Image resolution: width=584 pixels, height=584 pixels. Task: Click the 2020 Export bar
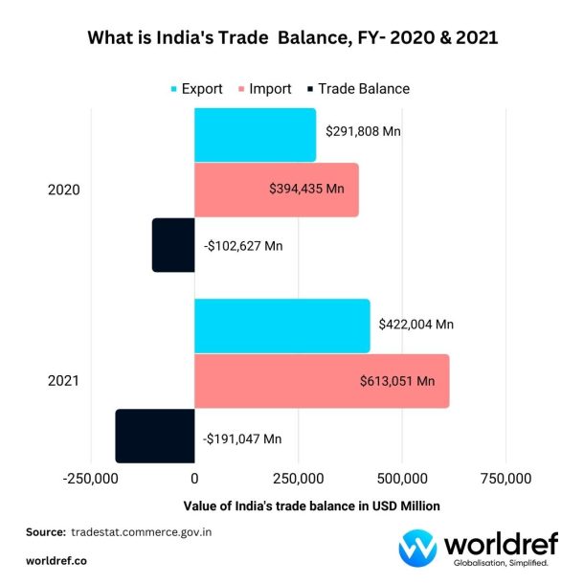click(255, 135)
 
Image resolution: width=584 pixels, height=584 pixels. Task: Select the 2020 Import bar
click(276, 190)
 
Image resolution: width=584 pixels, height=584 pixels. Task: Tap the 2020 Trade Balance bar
click(173, 245)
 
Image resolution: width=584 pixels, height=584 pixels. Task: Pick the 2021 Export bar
click(281, 326)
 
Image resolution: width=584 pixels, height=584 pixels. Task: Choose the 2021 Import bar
click(322, 381)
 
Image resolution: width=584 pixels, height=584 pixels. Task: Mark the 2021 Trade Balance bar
click(155, 437)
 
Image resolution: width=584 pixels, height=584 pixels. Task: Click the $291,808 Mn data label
click(363, 131)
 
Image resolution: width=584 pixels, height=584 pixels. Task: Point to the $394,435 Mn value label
click(306, 189)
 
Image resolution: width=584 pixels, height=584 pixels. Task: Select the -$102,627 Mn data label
click(243, 246)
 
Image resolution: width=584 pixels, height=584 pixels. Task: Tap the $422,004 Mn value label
click(416, 325)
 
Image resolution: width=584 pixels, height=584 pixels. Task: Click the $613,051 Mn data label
click(397, 381)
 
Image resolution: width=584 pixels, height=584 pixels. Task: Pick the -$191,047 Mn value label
click(242, 438)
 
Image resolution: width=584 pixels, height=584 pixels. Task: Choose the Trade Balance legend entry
click(355, 89)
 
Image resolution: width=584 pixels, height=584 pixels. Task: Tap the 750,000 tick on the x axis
click(505, 478)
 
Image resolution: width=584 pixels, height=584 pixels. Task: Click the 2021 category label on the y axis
click(63, 381)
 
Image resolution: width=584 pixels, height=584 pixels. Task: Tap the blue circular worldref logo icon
click(418, 548)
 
